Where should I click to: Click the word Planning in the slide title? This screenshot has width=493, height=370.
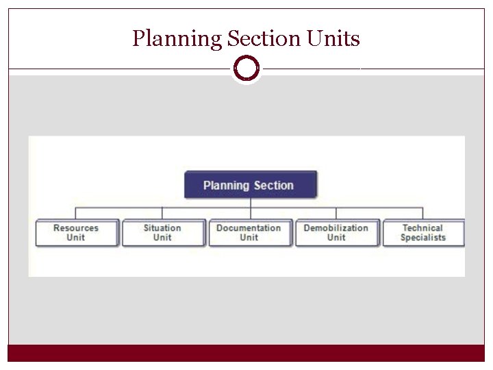tap(177, 39)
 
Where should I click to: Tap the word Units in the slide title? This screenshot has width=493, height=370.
tap(335, 38)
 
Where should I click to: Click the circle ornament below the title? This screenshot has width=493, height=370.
tap(246, 69)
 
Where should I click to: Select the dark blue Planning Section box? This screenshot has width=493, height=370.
tap(251, 185)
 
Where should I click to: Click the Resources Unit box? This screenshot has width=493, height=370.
tap(77, 233)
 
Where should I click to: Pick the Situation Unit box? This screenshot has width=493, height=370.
tap(163, 233)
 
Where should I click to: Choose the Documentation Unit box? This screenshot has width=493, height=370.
tap(249, 233)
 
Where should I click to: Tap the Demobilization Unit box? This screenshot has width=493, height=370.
tap(336, 233)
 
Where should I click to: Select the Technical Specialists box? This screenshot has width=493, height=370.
tap(423, 233)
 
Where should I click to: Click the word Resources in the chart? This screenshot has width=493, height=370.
tap(76, 228)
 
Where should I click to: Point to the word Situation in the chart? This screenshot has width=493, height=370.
tap(162, 228)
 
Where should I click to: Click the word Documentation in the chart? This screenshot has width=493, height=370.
tap(249, 228)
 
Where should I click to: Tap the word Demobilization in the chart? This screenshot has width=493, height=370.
tap(336, 228)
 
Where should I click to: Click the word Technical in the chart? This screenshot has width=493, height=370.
tap(423, 228)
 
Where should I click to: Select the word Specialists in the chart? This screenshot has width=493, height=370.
tap(423, 238)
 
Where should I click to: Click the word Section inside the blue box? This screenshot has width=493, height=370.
tap(274, 185)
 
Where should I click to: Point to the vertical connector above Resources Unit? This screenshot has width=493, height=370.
tap(76, 213)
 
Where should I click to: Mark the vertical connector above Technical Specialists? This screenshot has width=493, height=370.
tap(422, 213)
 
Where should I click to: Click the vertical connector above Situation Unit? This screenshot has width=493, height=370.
tap(163, 213)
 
